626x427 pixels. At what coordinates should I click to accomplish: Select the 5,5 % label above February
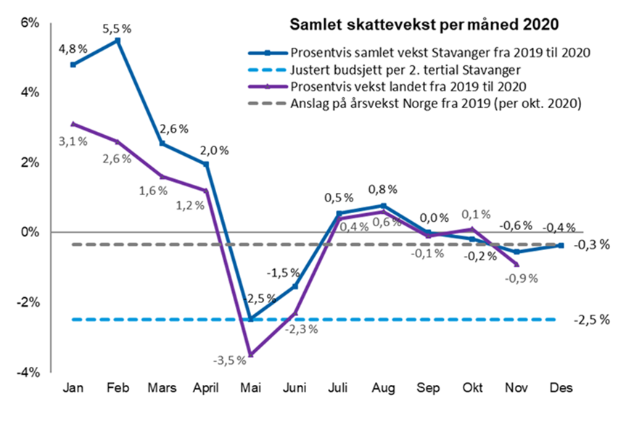pos(117,29)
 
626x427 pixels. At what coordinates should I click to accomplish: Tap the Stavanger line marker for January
pos(73,65)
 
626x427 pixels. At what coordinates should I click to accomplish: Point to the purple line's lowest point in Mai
pos(251,355)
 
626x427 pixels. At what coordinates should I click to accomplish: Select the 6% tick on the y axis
pos(29,22)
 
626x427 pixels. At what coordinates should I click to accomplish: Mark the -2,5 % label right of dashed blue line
pos(591,320)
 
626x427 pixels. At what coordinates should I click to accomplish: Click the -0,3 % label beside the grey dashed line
pos(591,245)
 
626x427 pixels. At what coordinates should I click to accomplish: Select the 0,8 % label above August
pos(382,189)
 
